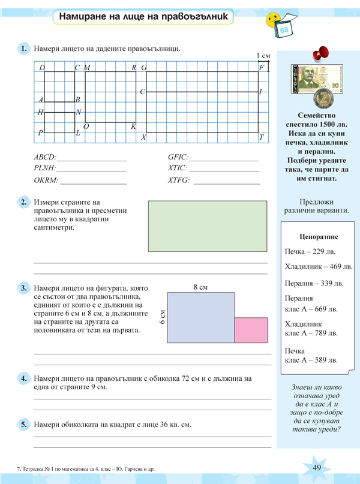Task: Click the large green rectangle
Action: [207, 227]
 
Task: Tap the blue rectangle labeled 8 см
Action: [200, 318]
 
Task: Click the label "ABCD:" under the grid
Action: [45, 157]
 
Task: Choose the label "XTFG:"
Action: [178, 180]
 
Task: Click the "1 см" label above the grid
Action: [263, 56]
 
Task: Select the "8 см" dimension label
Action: [200, 287]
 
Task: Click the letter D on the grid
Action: [42, 68]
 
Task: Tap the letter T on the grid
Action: [262, 137]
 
